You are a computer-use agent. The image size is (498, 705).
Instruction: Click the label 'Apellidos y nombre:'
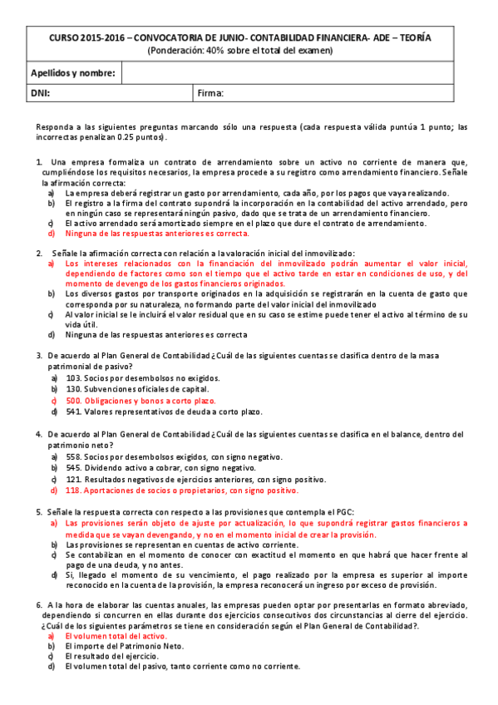tap(73, 73)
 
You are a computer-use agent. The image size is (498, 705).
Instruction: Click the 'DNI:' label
tap(40, 93)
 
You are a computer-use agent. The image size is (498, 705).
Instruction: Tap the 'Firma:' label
tap(211, 93)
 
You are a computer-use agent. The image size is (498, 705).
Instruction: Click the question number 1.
tap(38, 161)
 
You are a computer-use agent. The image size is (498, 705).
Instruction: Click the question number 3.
tap(38, 355)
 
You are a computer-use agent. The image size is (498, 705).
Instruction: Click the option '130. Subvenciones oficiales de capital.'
tap(137, 388)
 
